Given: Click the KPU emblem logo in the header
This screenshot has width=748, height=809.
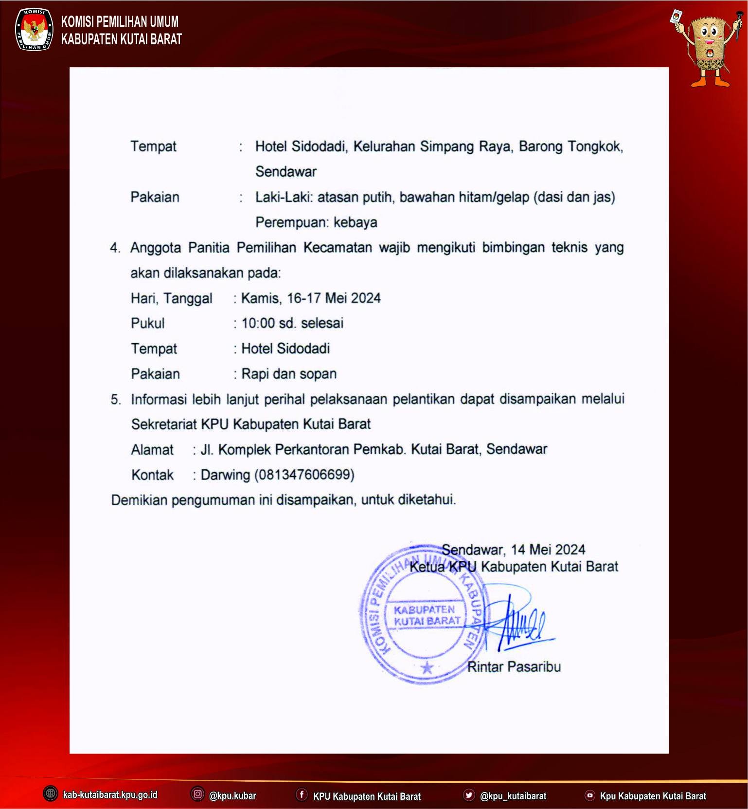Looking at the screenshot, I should (x=34, y=29).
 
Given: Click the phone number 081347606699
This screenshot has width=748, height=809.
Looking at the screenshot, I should (x=304, y=475).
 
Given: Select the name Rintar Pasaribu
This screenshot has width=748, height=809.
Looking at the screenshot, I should (x=514, y=666).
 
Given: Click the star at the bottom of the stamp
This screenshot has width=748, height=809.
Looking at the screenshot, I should (x=427, y=667).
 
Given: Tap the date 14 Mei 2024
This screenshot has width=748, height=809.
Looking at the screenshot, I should (x=548, y=550).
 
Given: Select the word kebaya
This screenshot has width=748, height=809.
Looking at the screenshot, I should (x=356, y=222).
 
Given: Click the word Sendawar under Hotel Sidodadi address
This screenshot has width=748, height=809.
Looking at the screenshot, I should (x=286, y=172).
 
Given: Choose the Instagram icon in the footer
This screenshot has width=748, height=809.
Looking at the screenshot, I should (x=197, y=794).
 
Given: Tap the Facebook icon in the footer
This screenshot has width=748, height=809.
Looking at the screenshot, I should (x=302, y=794).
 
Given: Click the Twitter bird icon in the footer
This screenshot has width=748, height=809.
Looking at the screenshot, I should (x=469, y=795).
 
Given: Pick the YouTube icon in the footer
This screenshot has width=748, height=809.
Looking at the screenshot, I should (x=589, y=795).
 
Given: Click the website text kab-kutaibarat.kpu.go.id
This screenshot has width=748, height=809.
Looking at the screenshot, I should (x=110, y=795).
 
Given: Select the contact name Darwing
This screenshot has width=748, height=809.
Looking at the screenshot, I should (x=225, y=475).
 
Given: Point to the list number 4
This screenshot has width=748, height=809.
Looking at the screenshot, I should (x=115, y=248).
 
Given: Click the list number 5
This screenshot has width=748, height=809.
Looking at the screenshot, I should (x=115, y=400).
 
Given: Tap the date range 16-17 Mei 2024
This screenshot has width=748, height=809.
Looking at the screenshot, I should (x=334, y=298).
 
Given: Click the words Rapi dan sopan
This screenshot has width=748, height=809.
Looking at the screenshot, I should (x=289, y=374).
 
